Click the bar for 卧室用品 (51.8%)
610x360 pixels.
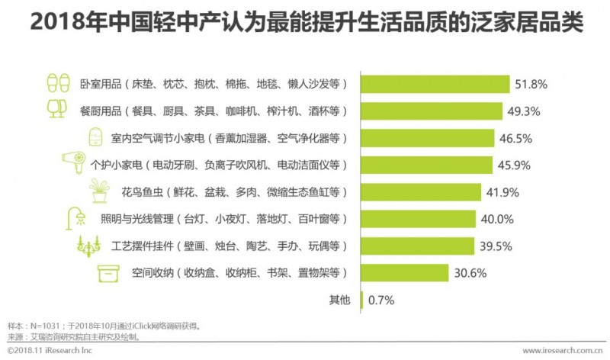(x=434, y=84)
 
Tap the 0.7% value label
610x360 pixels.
(x=380, y=300)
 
